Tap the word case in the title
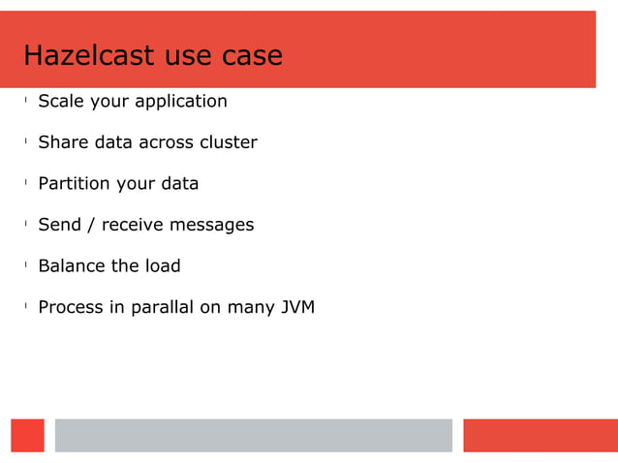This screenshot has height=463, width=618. [252, 56]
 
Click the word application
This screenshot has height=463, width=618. [181, 103]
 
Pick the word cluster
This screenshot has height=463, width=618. [229, 142]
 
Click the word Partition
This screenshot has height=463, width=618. [74, 183]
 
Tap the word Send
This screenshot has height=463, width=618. [60, 225]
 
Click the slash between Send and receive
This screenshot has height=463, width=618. [92, 225]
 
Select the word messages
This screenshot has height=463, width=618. [212, 226]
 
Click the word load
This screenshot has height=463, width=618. [163, 265]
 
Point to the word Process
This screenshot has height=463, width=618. [71, 307]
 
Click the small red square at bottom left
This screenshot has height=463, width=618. [27, 435]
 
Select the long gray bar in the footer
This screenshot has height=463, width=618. [253, 435]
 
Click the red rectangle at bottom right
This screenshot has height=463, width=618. [540, 435]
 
